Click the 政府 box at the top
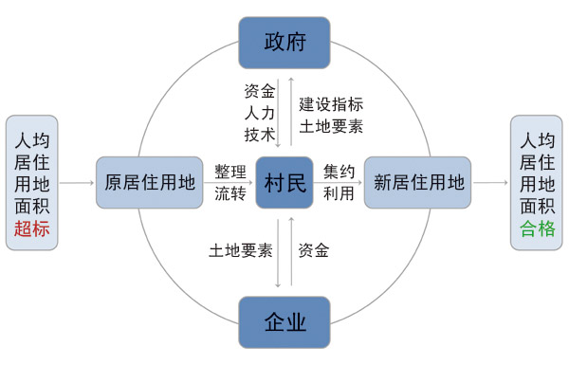[284, 43]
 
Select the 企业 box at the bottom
[284, 322]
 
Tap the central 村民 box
[284, 182]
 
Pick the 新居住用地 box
[419, 182]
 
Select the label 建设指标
[331, 103]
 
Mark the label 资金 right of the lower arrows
[314, 251]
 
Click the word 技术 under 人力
[259, 135]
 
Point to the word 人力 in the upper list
[259, 114]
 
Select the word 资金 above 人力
[259, 93]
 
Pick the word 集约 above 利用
[339, 173]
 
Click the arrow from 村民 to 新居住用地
[339, 183]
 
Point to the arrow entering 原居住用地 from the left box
[77, 183]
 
